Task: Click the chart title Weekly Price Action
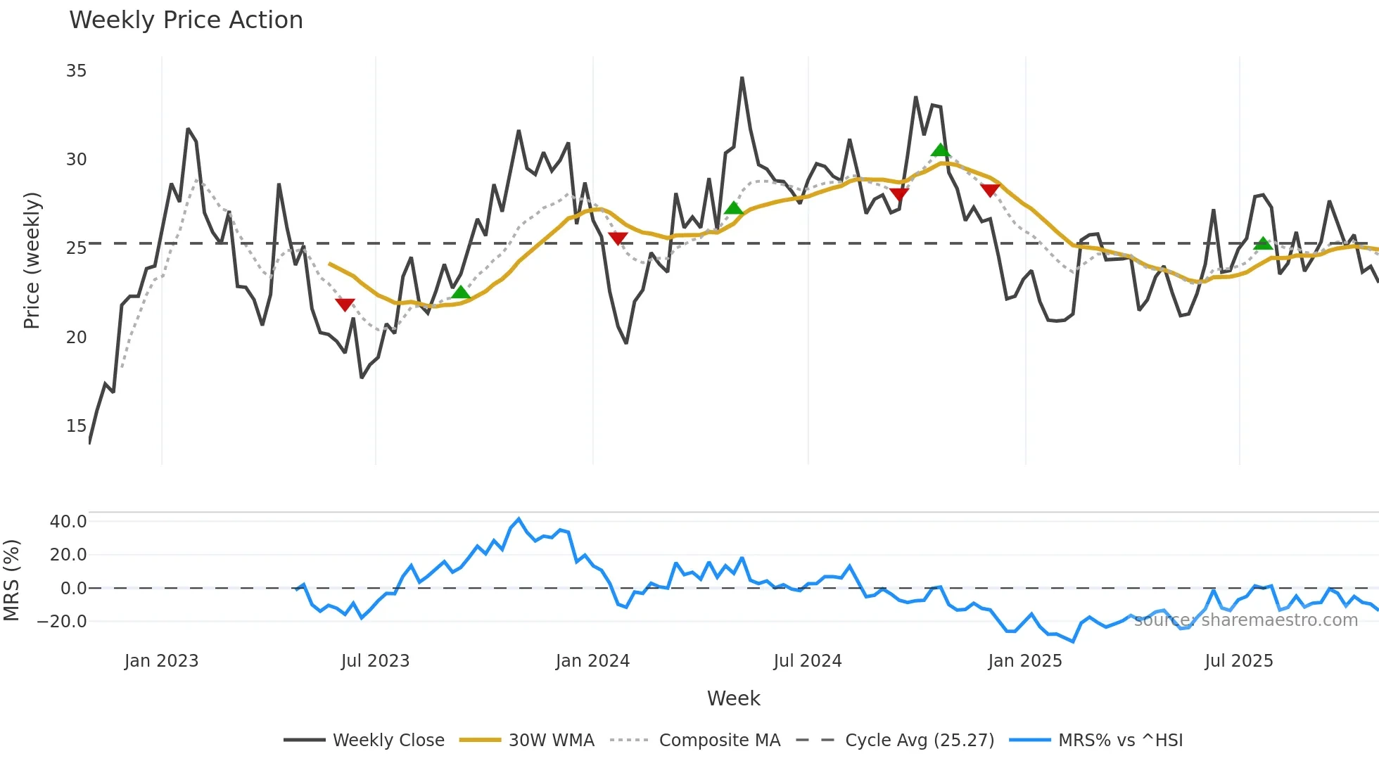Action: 186,20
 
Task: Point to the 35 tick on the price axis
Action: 76,71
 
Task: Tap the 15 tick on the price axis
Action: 76,426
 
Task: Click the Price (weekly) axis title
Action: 32,260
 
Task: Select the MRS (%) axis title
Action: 11,580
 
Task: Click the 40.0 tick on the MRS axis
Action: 68,522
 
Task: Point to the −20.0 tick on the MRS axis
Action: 63,622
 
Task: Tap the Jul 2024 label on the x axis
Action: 807,661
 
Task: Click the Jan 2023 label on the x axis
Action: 161,661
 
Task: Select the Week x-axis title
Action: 733,698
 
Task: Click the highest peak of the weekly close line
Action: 742,78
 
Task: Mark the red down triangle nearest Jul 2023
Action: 345,304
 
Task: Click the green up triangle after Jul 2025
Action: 1264,243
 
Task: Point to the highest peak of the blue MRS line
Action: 519,520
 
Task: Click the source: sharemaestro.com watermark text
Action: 1245,620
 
